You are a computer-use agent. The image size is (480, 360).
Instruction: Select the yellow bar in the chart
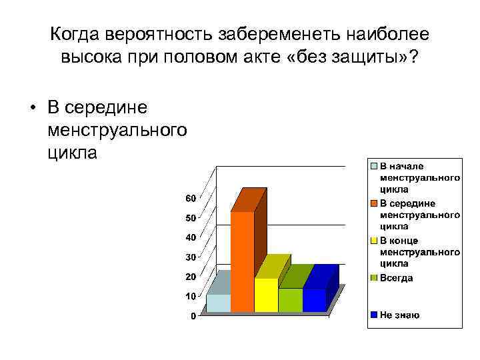266,295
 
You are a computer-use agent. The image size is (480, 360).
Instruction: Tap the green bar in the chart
290,300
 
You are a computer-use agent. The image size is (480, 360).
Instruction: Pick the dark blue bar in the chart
314,300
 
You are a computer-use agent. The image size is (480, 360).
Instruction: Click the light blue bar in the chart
218,303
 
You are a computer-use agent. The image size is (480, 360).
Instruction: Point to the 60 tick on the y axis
191,199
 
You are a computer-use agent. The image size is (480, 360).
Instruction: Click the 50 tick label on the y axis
191,218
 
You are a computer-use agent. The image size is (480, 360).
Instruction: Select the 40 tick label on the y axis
191,237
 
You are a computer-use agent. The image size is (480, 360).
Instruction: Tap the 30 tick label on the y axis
191,257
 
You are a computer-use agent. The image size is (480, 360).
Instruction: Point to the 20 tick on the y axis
191,277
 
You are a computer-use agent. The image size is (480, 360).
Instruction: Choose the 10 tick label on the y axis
191,296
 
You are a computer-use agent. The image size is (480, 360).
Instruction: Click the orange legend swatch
375,203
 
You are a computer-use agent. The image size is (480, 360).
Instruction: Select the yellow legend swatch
375,241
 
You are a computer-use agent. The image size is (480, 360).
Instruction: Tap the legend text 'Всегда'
397,278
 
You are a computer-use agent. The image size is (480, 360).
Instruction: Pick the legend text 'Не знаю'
400,315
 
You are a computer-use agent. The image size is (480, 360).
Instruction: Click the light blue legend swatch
375,166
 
